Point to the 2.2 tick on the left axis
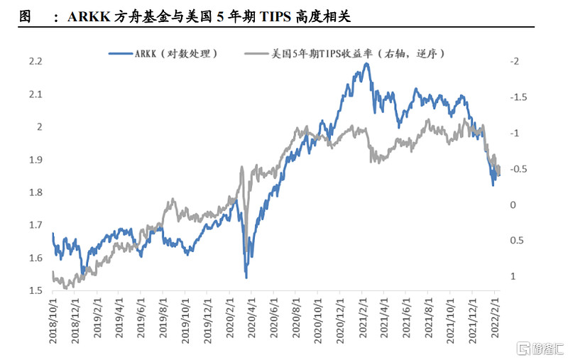(35, 62)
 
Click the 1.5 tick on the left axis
(35, 290)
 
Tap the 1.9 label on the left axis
(35, 160)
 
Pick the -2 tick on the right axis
(515, 62)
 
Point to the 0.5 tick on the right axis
(516, 240)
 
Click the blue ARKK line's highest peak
(366, 64)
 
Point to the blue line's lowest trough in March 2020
(246, 277)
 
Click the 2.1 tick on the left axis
(35, 94)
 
